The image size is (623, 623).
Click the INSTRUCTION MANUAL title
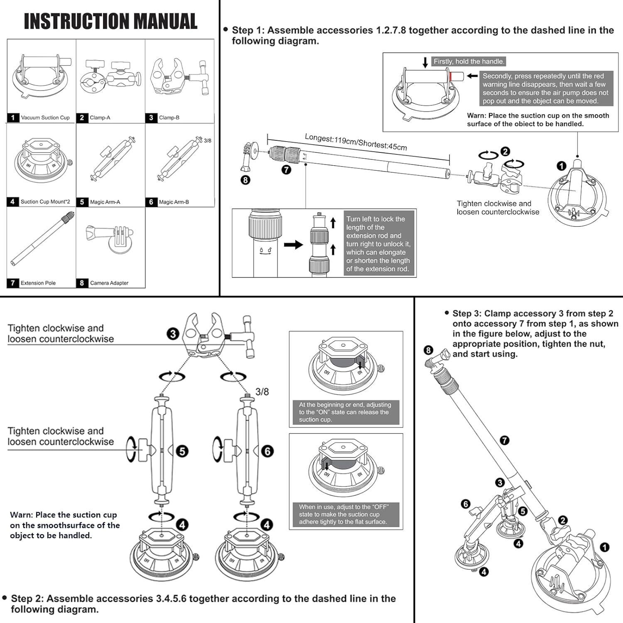click(x=110, y=22)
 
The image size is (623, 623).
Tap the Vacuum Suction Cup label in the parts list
click(x=45, y=118)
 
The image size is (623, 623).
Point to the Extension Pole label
click(x=38, y=283)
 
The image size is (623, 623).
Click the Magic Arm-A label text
click(x=105, y=202)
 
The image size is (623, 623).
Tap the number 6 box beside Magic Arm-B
click(x=151, y=202)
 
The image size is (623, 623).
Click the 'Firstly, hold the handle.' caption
click(x=469, y=61)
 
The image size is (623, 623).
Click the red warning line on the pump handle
click(x=450, y=76)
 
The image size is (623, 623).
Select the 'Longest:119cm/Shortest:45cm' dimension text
click(x=356, y=142)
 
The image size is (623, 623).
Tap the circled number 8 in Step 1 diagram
click(x=245, y=180)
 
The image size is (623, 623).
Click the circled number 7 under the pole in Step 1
click(x=287, y=169)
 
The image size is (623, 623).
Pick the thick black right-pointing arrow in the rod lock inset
click(x=294, y=245)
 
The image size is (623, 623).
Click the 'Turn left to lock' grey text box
click(x=378, y=244)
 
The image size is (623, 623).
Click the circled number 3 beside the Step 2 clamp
click(x=173, y=334)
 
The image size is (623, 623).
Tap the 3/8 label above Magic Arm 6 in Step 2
click(x=262, y=392)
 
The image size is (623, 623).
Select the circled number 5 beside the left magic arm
click(x=182, y=451)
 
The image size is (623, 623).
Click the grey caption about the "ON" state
click(x=345, y=412)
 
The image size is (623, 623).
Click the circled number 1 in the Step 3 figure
click(x=604, y=547)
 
